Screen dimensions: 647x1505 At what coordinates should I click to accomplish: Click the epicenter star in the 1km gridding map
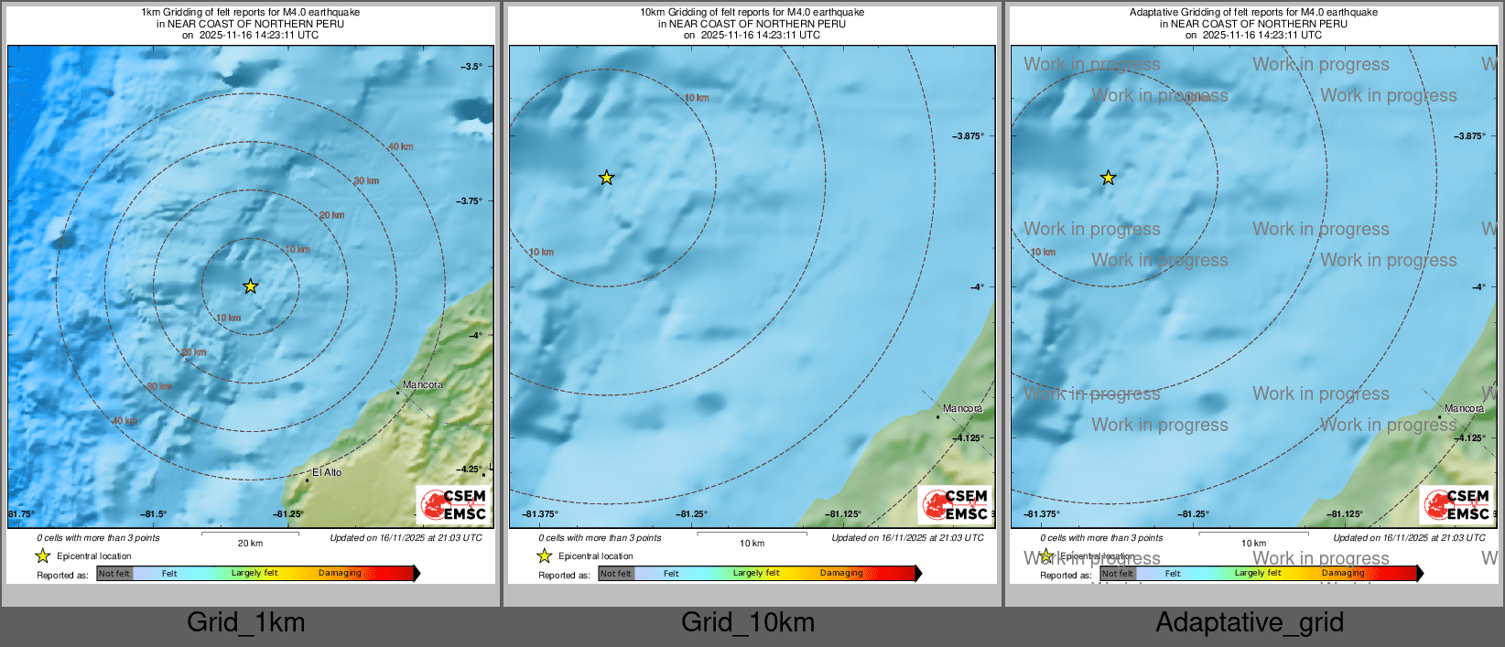250,286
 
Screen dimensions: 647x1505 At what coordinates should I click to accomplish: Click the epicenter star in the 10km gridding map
606,178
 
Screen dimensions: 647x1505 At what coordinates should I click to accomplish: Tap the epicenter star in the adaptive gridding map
1108,178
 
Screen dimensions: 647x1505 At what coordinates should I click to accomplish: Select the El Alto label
327,472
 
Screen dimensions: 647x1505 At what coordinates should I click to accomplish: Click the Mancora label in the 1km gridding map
423,384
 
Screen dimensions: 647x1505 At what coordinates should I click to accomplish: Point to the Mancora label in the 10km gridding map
963,408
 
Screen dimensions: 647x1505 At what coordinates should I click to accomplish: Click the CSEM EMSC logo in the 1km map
454,504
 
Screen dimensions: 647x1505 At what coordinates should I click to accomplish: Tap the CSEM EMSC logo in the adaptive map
1457,504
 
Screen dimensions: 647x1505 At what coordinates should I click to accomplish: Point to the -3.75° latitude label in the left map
469,201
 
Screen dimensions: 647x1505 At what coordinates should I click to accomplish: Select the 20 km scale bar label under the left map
250,544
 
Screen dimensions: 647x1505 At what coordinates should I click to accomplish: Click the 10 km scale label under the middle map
752,544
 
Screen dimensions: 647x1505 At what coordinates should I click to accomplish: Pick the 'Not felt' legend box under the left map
114,574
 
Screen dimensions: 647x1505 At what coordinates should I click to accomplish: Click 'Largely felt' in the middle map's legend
756,574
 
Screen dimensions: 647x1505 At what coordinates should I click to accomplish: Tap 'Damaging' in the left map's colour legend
340,574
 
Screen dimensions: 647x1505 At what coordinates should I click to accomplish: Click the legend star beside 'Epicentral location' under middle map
545,555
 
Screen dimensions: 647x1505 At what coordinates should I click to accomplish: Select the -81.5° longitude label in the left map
154,514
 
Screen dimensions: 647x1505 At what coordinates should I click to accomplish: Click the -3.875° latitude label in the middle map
969,136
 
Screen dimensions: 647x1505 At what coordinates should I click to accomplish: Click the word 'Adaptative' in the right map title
1154,13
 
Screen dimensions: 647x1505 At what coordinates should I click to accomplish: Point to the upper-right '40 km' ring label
400,146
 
